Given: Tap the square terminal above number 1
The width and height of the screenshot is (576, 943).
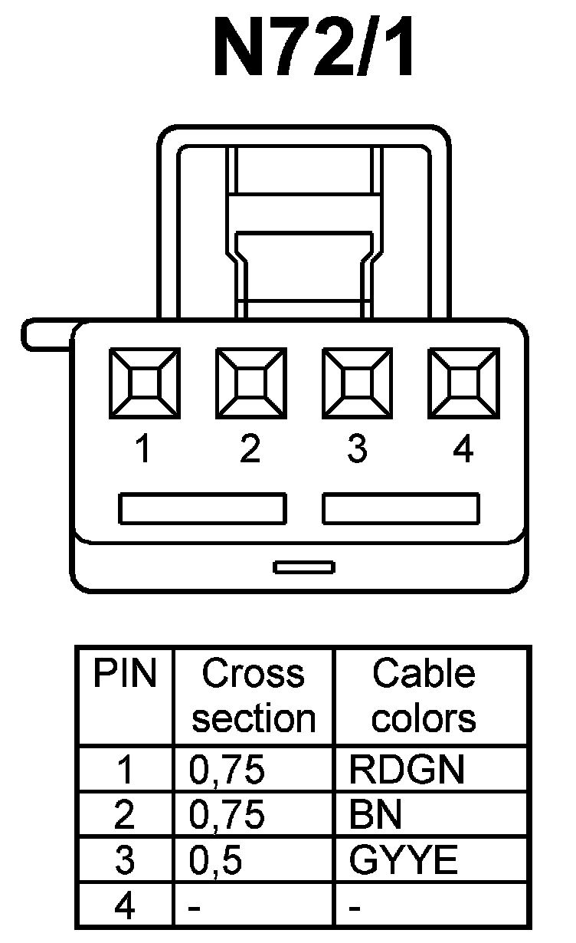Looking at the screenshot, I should point(144,384).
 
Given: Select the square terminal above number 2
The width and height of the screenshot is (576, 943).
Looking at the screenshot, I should point(251,384).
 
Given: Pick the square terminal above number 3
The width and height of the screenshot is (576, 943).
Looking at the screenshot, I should point(358,384).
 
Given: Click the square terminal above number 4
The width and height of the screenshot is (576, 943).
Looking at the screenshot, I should point(463,384).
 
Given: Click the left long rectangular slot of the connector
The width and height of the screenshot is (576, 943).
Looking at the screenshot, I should point(203,509).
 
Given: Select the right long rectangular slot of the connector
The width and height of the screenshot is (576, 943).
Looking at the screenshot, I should point(401,509).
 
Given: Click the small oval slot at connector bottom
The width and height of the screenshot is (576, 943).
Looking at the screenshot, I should point(304,567).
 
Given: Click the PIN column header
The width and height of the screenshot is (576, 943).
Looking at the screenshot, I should point(125,675).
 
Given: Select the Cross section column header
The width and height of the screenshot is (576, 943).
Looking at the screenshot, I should point(254,696).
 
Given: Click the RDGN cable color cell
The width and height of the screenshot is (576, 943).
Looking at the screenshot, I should point(407,770).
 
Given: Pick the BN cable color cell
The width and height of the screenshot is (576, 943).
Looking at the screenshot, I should point(375,816).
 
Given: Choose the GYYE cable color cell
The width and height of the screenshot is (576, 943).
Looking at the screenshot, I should point(404,861).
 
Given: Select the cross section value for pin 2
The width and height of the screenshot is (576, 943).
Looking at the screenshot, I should point(227,816).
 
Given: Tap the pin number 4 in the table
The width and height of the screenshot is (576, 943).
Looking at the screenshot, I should point(124,907).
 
